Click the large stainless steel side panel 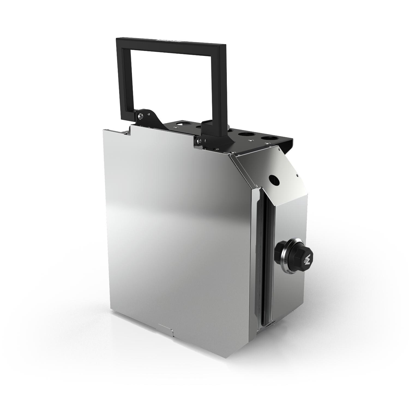(169, 232)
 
